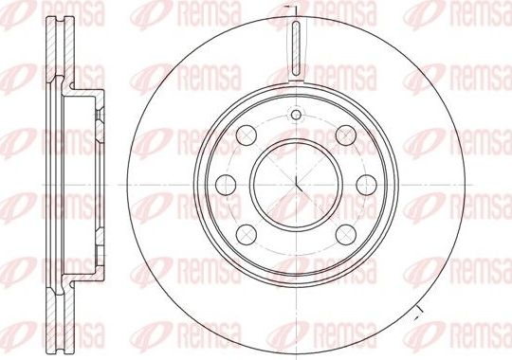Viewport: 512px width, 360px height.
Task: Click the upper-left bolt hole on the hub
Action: pyautogui.click(x=245, y=134)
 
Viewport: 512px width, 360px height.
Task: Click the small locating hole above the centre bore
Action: pyautogui.click(x=295, y=116)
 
